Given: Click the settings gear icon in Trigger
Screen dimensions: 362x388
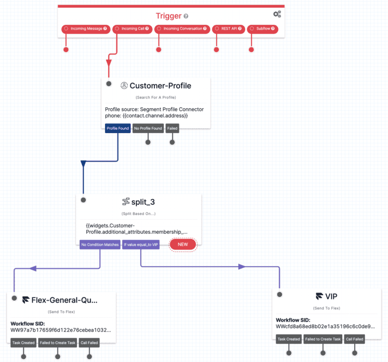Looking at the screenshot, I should coord(276,14).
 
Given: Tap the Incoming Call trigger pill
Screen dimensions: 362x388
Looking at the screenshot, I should coord(133,29).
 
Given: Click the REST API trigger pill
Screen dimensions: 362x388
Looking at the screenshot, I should coord(228,29).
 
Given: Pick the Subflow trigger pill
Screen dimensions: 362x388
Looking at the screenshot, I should coord(262,29).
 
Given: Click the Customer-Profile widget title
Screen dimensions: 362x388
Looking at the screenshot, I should coord(160,86).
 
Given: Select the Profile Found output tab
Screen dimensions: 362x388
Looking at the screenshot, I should coord(117,128).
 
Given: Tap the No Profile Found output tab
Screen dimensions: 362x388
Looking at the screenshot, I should coord(148,128).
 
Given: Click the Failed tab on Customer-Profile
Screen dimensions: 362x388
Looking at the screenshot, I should coord(172,128).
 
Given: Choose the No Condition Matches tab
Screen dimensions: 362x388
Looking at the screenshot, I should coord(100,245).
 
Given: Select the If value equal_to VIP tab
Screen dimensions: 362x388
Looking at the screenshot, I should coord(141,245).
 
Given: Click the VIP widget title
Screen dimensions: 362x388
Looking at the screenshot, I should coord(331,296).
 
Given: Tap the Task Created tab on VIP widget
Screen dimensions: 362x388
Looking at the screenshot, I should coord(288,339).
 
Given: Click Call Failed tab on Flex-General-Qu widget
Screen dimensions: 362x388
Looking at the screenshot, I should coord(89,343).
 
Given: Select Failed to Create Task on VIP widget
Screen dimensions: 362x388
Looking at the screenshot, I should coord(323,339).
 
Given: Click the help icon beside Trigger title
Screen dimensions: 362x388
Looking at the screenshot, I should coord(186,16).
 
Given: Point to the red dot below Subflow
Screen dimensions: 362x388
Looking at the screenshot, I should coord(251,50).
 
